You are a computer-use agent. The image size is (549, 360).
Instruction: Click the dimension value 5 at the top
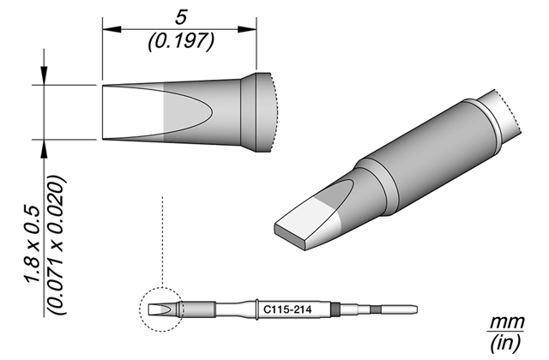coord(181,17)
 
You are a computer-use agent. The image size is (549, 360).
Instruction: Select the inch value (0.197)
coord(181,41)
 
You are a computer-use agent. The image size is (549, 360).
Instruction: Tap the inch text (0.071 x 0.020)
coord(56,245)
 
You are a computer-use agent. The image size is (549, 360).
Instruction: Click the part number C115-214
coord(287,309)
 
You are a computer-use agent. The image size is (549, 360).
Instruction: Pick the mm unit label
coord(507,321)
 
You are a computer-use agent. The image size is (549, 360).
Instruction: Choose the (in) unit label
coord(506,343)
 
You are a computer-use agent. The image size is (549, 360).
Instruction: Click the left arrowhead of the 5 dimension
coord(112,29)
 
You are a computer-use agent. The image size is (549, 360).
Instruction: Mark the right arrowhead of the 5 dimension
coord(247,29)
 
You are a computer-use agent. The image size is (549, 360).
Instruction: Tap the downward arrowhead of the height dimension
coord(44,75)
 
